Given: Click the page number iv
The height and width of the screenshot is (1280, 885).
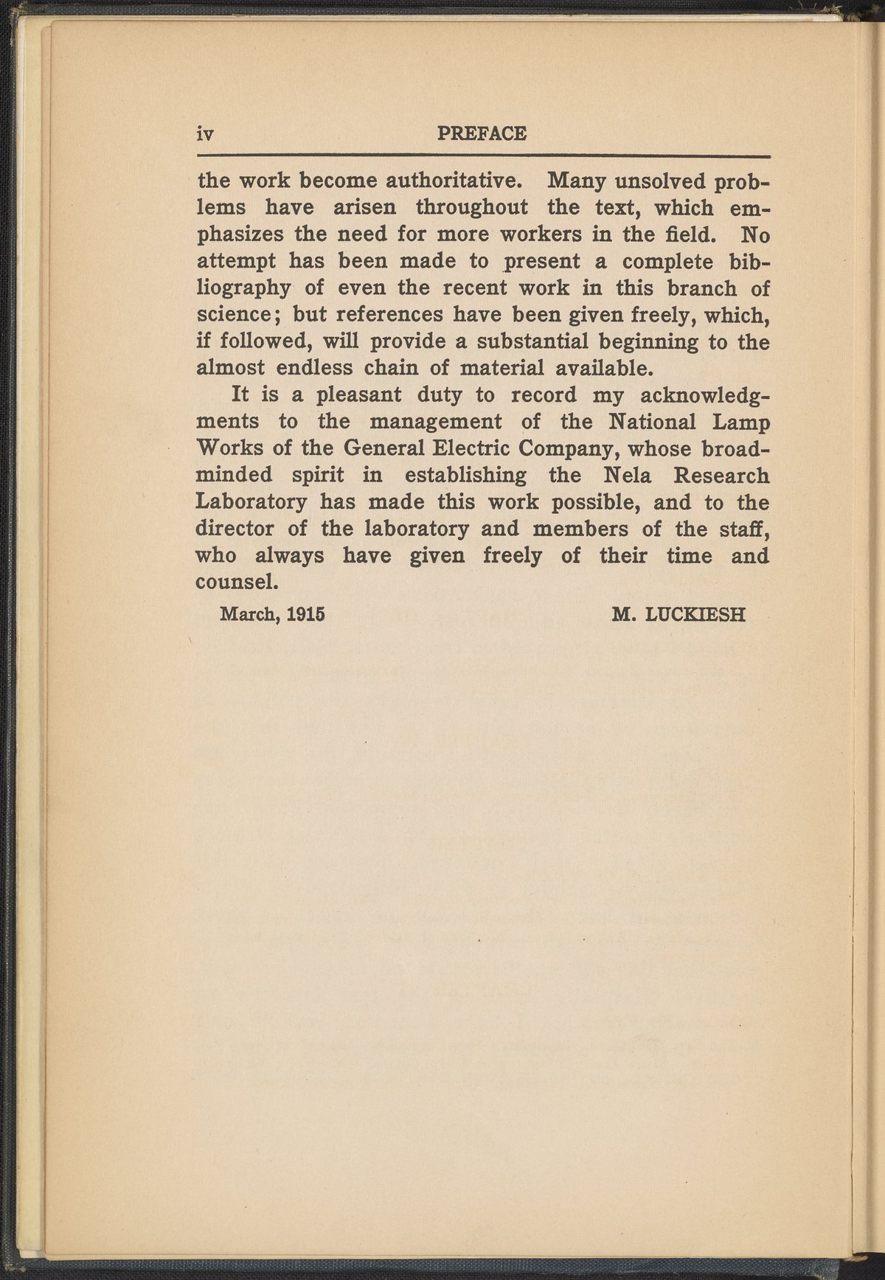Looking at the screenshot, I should pyautogui.click(x=204, y=134).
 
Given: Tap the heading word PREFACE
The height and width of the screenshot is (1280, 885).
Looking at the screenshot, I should pyautogui.click(x=482, y=133).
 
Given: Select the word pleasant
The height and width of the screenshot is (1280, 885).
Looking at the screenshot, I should pyautogui.click(x=358, y=394).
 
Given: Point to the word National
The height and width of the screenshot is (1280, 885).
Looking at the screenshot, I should pyautogui.click(x=652, y=422).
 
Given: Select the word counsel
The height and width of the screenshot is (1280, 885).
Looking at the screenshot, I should pyautogui.click(x=236, y=582).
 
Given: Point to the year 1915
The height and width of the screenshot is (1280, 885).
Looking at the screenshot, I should pyautogui.click(x=306, y=614).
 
